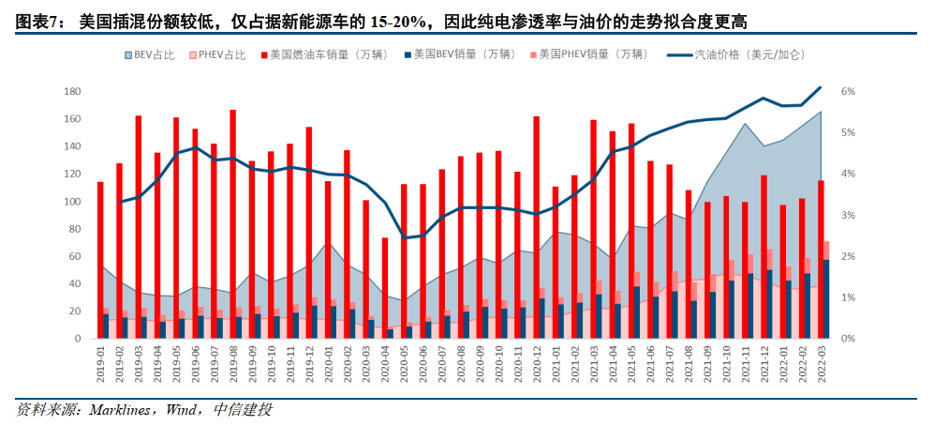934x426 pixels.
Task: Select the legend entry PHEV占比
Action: click(x=222, y=55)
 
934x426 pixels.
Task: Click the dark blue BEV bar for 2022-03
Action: click(x=825, y=298)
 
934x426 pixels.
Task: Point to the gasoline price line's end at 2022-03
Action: click(x=821, y=87)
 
